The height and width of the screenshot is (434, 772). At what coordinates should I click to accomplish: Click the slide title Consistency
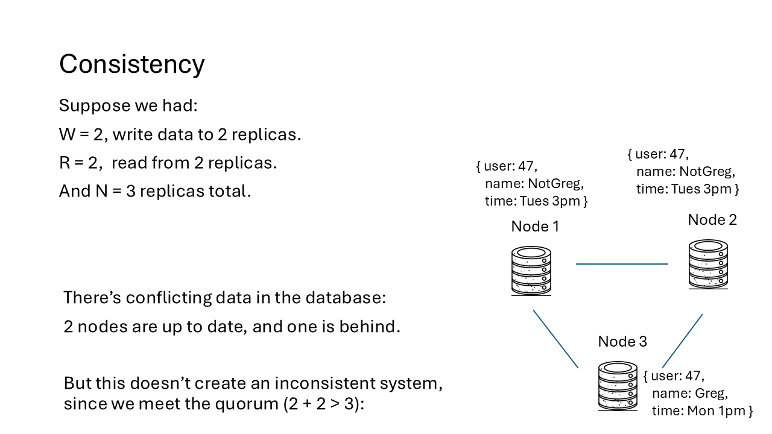pos(131,64)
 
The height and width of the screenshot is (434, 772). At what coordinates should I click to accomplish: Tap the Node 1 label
pos(535,226)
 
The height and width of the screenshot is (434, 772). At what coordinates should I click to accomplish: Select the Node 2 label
pos(712,219)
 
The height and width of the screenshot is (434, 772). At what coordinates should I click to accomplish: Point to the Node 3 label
pos(622,341)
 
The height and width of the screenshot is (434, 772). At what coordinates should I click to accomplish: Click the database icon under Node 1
pos(531,271)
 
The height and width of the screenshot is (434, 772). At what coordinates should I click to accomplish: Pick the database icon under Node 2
pos(709,265)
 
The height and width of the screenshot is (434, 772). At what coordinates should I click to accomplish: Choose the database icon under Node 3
pos(618,386)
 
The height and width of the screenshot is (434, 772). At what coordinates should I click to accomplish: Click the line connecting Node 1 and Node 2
pos(622,263)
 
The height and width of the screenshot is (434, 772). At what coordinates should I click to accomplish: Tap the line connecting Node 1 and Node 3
pos(555,339)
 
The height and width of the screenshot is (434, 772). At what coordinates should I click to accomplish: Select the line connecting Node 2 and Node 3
pos(682,341)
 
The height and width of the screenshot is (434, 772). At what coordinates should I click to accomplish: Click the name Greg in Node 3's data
pos(712,394)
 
